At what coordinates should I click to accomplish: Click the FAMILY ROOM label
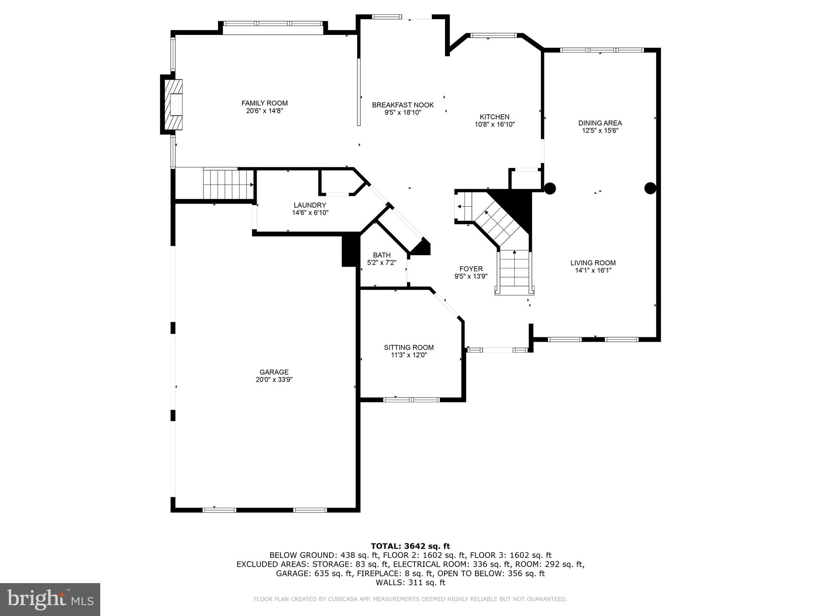[264, 103]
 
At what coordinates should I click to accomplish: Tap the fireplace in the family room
[174, 104]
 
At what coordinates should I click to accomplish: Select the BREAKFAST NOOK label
[402, 105]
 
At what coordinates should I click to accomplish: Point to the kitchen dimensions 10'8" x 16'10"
[494, 124]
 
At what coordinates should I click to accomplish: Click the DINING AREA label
[600, 123]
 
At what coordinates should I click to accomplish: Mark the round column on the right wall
[650, 188]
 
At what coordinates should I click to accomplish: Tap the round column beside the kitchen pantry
[550, 188]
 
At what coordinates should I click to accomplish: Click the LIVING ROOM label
[593, 263]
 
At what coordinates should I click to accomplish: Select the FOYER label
[471, 269]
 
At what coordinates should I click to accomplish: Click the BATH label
[382, 255]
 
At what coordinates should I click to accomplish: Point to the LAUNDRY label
[310, 205]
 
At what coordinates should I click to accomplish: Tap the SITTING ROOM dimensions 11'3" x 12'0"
[408, 355]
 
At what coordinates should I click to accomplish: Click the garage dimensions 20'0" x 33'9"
[274, 379]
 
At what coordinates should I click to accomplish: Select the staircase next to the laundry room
[228, 184]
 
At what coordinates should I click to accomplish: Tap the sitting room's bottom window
[411, 399]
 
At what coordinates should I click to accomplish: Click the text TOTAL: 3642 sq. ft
[410, 546]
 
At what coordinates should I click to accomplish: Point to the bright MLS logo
[50, 600]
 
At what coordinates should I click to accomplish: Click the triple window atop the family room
[273, 24]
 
